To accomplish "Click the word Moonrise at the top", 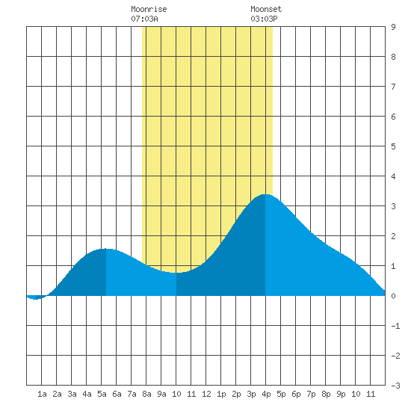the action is [x=149, y=9].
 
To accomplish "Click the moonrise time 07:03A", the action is [x=144, y=19].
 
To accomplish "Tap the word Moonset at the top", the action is [x=266, y=9].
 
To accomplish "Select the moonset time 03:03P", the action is [x=264, y=19].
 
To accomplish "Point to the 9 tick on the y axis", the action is [x=393, y=27].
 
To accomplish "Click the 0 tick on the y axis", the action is [x=393, y=296].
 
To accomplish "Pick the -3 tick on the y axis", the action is [x=395, y=386].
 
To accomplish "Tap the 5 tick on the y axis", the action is [x=393, y=146].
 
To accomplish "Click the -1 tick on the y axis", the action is [x=395, y=326].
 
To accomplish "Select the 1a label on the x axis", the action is [x=42, y=394].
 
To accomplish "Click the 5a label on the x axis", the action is [x=102, y=394].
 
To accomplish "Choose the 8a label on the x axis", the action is [x=146, y=394].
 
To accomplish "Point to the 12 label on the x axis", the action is [x=206, y=394].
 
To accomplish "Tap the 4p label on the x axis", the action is [x=266, y=394].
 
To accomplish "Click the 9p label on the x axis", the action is [x=341, y=394].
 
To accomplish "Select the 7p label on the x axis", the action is [x=311, y=394].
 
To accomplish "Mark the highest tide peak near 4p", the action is [x=265, y=195].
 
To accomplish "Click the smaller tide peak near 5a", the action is [x=105, y=249].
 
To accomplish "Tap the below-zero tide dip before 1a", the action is [x=35, y=298].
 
